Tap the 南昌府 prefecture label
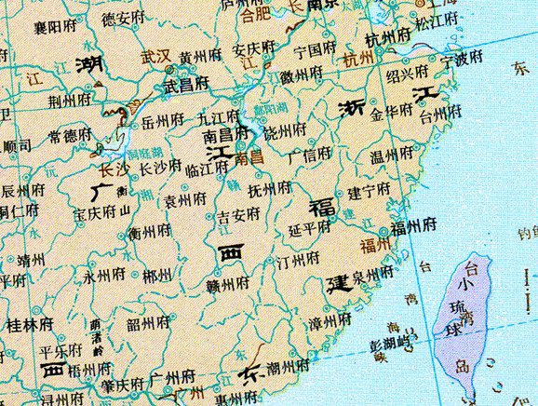pyautogui.click(x=223, y=135)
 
